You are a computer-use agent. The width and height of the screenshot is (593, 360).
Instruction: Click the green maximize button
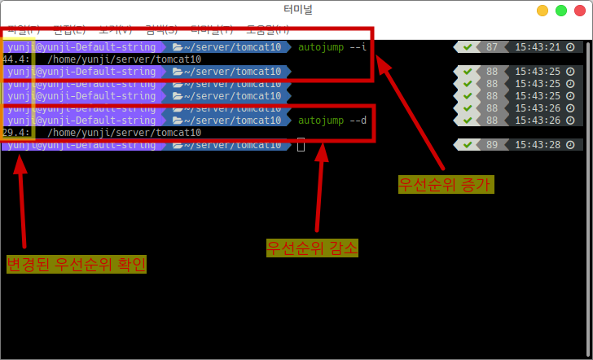(x=561, y=11)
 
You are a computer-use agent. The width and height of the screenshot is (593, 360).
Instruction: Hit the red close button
(x=579, y=11)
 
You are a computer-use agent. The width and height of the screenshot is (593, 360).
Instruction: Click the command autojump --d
(x=332, y=121)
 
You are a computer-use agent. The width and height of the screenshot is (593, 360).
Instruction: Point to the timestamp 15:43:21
(x=538, y=46)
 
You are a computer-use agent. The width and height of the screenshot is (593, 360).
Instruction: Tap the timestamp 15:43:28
(x=538, y=145)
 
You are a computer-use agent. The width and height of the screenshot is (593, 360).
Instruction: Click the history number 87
(x=491, y=46)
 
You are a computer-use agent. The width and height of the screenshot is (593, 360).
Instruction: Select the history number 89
(x=491, y=145)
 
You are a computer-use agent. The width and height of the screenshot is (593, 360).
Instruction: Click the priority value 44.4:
(x=16, y=59)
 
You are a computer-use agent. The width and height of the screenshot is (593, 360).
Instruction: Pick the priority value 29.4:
(x=16, y=133)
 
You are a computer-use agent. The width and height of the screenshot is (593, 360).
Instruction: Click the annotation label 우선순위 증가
(x=446, y=184)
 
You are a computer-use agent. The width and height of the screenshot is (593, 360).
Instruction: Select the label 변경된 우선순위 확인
(x=77, y=264)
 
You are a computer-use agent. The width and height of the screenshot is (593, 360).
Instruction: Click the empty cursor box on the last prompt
(x=301, y=145)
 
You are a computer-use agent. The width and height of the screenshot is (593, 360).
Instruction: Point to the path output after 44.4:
(x=124, y=59)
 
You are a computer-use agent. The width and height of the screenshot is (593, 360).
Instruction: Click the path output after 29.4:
(x=124, y=133)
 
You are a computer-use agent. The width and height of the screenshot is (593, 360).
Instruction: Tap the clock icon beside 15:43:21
(x=570, y=46)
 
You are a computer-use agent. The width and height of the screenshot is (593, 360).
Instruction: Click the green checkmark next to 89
(x=468, y=145)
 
